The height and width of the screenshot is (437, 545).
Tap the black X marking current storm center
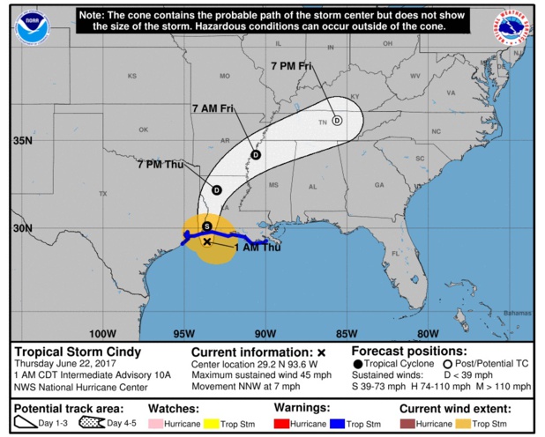tap(207, 241)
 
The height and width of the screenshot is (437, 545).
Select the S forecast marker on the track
tap(206, 226)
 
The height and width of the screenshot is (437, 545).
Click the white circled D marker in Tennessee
tap(337, 122)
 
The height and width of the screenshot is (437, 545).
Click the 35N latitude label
tap(22, 141)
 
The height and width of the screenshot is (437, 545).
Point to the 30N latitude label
tap(22, 228)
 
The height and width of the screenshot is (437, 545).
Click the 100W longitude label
tap(103, 333)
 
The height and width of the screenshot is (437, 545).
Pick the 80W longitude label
tap(428, 333)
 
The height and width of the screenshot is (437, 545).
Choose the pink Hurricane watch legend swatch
tap(155, 424)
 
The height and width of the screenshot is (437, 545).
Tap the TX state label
tap(102, 194)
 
